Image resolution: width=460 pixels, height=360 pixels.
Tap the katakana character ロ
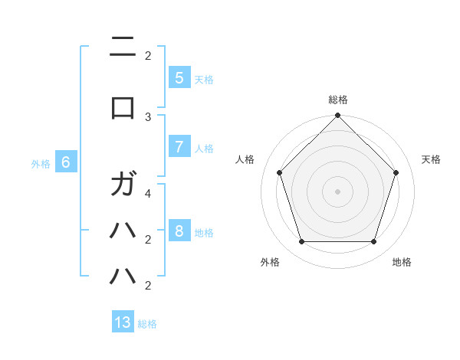123,108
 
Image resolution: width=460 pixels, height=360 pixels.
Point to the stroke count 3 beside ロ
148,116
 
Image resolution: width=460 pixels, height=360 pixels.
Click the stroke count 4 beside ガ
148,194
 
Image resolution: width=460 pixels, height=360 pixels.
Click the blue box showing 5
179,77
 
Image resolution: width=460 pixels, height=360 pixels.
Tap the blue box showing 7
179,147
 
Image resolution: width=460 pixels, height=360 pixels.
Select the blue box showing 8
179,231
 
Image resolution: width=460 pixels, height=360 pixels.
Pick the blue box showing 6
66,162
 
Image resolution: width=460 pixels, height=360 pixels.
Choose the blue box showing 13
123,322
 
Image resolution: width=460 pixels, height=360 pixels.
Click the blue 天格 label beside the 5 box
204,79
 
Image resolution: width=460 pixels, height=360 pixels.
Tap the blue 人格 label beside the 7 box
204,149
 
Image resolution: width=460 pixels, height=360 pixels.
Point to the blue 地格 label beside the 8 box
204,233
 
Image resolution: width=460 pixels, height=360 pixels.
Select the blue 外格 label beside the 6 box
41,164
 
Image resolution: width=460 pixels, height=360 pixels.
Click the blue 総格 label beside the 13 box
147,324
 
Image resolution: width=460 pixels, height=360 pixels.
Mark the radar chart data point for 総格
337,116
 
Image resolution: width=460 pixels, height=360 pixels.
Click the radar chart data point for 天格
396,172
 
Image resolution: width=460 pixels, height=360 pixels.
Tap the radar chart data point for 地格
373,241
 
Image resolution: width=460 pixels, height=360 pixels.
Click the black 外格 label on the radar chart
270,262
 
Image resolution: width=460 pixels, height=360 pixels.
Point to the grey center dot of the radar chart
337,191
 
